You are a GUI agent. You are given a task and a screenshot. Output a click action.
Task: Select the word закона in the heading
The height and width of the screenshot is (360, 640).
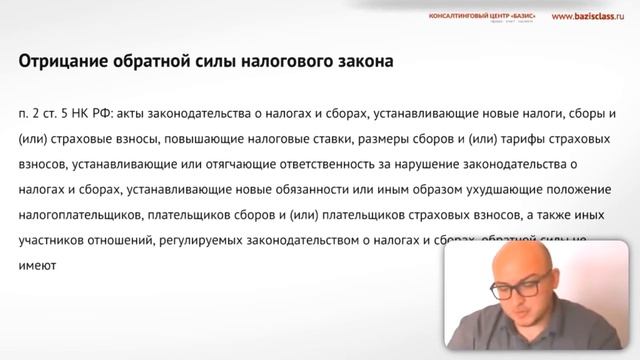358,62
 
